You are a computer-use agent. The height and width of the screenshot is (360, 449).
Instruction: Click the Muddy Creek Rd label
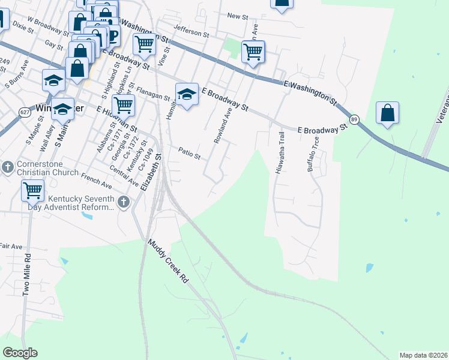coord(169,262)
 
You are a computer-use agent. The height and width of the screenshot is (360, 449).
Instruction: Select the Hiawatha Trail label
coord(279,153)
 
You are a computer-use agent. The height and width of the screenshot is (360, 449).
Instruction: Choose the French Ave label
coord(96,178)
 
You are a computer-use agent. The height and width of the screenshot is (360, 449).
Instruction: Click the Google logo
coord(20,352)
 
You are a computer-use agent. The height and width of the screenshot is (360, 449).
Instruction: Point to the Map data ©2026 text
coord(423,355)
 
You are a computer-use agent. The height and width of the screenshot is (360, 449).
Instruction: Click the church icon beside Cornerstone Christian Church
coord(7,166)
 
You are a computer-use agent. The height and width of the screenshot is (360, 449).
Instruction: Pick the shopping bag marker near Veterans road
coord(388,113)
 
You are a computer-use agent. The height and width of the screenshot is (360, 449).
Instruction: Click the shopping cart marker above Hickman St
coord(124,105)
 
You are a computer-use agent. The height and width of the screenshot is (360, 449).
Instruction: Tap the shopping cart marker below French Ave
coord(32,191)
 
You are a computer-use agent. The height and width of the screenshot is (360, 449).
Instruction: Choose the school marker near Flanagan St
coord(187,94)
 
